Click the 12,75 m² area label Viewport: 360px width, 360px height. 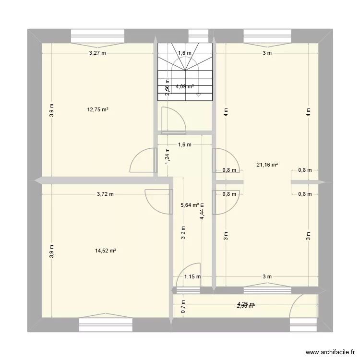click(x=97, y=109)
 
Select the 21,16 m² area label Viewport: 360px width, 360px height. click(x=268, y=165)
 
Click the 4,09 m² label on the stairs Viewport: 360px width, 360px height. click(x=185, y=87)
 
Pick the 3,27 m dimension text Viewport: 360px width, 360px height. click(x=97, y=53)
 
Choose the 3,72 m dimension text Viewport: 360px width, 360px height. click(x=105, y=194)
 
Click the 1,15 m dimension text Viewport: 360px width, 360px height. click(x=192, y=276)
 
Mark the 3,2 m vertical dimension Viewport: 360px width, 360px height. click(x=183, y=232)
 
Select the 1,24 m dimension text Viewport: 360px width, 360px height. click(x=167, y=156)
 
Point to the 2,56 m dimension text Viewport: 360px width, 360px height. click(x=167, y=87)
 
